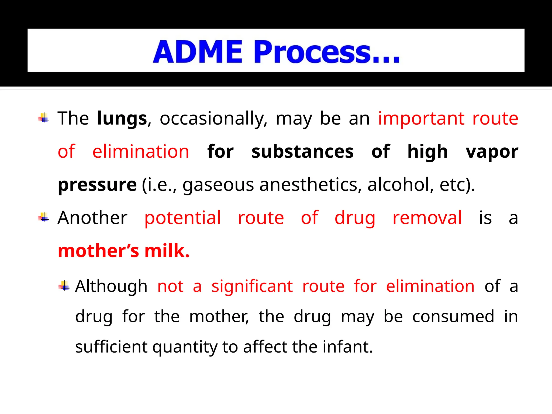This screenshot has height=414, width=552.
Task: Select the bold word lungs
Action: click(x=122, y=119)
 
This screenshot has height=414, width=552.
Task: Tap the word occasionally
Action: click(x=213, y=119)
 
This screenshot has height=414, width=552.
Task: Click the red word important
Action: click(x=421, y=119)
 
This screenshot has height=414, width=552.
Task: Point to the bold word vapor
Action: click(x=492, y=151)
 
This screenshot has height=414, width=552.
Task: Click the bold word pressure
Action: click(x=97, y=185)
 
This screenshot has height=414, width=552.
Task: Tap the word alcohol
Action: click(x=401, y=185)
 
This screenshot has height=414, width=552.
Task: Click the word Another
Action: click(x=92, y=218)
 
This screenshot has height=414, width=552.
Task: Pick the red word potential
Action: click(x=183, y=218)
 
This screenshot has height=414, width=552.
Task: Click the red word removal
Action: click(x=427, y=218)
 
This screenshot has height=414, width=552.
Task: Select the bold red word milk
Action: click(x=167, y=251)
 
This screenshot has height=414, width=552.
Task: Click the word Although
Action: click(x=111, y=286)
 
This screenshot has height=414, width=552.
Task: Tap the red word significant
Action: click(x=252, y=286)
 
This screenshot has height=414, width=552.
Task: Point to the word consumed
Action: click(x=453, y=316)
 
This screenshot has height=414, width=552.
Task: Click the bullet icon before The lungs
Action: click(x=44, y=118)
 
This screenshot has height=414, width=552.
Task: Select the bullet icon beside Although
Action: click(x=64, y=286)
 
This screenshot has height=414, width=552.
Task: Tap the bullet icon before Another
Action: click(x=44, y=217)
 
